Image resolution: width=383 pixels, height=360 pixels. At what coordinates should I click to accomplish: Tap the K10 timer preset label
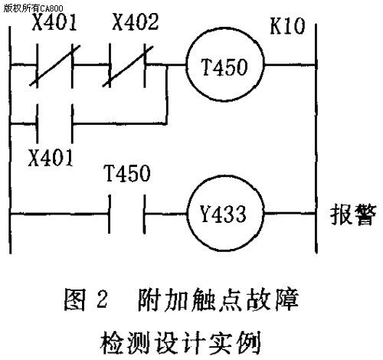coord(287,26)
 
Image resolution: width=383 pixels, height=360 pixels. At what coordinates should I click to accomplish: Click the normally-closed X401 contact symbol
coord(54,66)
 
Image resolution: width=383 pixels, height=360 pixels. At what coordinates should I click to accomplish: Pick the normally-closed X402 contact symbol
coord(128,66)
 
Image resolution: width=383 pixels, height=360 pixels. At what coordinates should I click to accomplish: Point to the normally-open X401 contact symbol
coord(54,123)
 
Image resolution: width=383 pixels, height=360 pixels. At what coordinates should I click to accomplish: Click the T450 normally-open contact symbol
coord(127,214)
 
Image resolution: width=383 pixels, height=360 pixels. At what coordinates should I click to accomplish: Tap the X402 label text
coord(136,22)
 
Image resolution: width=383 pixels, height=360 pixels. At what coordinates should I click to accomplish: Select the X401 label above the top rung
coord(54,22)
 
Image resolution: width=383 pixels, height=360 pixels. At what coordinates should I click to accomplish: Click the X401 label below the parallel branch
coord(51,158)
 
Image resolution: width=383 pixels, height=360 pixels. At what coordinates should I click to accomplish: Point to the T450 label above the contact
coord(128,173)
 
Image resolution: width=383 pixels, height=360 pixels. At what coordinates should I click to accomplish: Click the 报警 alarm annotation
coord(353,214)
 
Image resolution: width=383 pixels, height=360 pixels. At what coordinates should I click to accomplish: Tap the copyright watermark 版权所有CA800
coord(33,8)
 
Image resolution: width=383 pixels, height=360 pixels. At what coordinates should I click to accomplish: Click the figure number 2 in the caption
coord(102,299)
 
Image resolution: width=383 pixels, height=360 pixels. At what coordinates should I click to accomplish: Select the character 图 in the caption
coord(74,299)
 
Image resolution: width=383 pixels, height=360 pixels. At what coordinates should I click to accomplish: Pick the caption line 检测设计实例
coord(180,342)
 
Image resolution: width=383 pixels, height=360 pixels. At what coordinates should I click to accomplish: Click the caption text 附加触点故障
coord(218,299)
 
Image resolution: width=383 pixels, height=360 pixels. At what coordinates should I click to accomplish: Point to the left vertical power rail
coord(10,140)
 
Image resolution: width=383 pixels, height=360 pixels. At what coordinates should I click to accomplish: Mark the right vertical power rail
coord(316,139)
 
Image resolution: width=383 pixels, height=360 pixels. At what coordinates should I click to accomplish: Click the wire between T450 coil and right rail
coord(290,65)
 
